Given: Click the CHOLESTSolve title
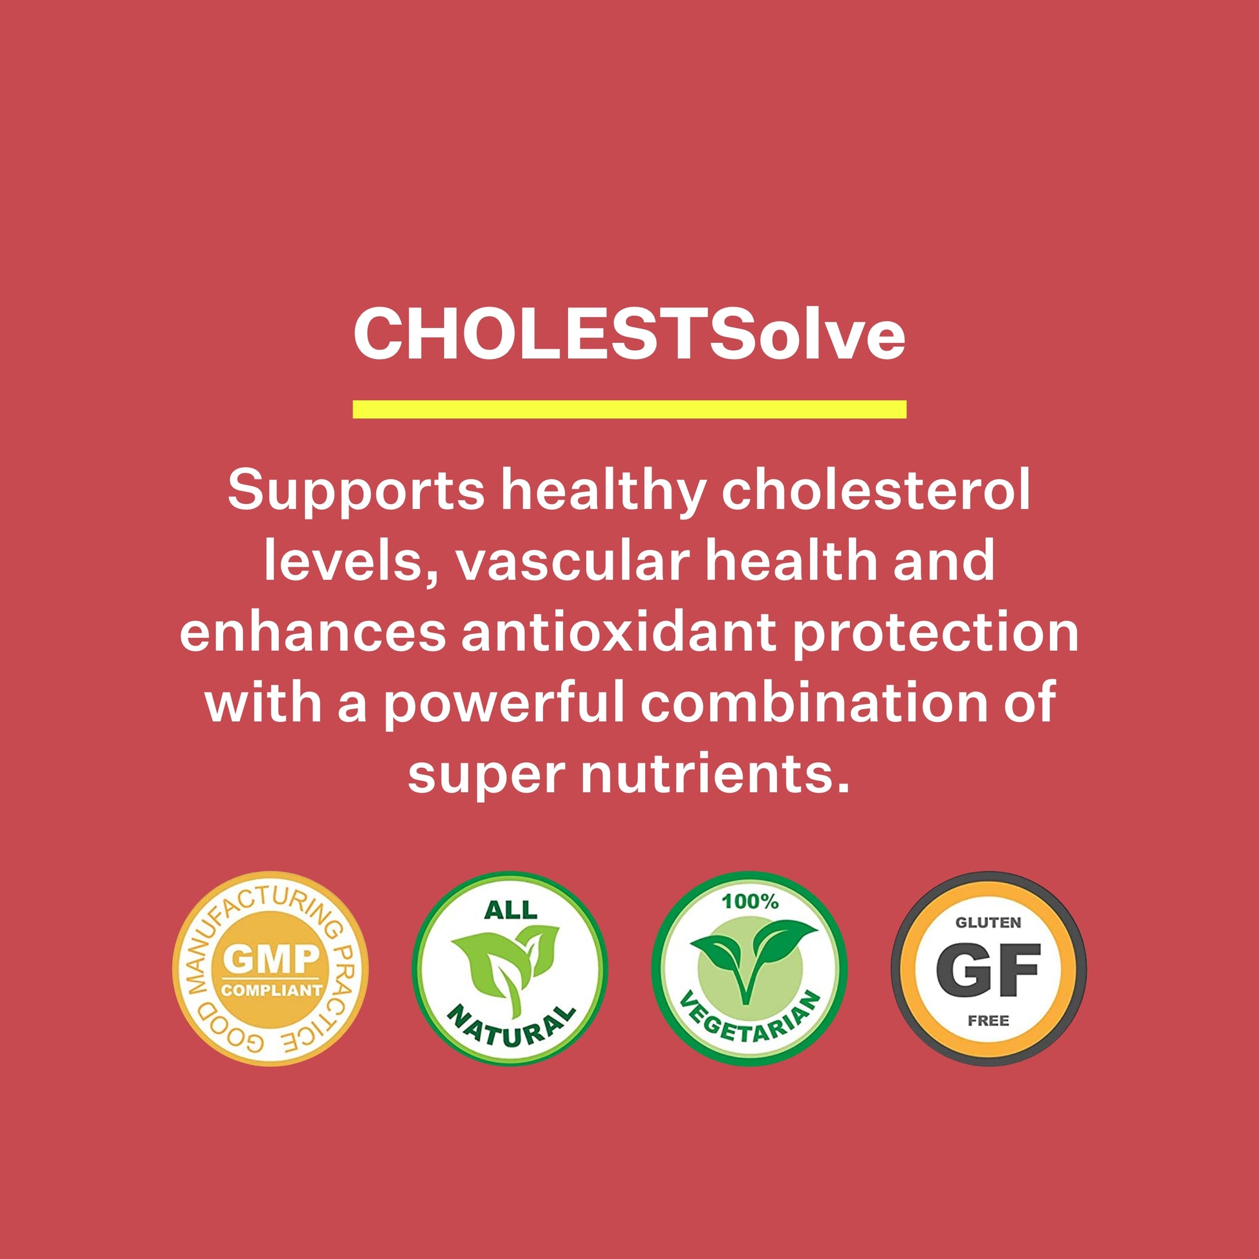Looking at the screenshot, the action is tap(629, 334).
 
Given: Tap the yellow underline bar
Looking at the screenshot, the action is tap(629, 410).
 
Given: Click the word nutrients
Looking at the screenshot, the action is tap(716, 774).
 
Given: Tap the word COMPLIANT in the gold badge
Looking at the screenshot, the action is tap(271, 990).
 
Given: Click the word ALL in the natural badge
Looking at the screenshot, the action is tap(510, 910).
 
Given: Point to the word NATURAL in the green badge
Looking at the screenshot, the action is tap(512, 1025).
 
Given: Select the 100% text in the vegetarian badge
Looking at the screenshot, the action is tap(750, 901).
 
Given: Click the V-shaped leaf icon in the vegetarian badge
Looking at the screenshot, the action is tap(749, 959).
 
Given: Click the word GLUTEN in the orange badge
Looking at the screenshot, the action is tap(989, 922).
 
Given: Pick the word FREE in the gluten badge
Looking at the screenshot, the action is tap(989, 1020).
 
